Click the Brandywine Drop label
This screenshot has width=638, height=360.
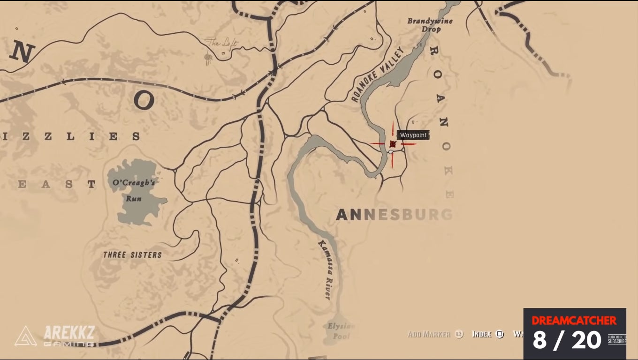click(x=424, y=25)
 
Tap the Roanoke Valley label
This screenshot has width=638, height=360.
click(x=378, y=75)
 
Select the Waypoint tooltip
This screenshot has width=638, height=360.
click(x=413, y=135)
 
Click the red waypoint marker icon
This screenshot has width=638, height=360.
click(x=393, y=144)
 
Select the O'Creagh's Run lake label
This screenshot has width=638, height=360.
click(x=134, y=190)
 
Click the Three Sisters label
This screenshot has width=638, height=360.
click(x=132, y=255)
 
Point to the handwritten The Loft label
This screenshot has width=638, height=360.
click(x=222, y=44)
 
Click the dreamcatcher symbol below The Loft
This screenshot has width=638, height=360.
click(x=208, y=58)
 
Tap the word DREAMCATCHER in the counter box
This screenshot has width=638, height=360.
click(x=574, y=321)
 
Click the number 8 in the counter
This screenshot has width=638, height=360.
click(x=540, y=340)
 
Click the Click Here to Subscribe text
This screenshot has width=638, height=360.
click(x=616, y=339)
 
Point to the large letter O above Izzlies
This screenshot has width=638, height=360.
click(x=144, y=100)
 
